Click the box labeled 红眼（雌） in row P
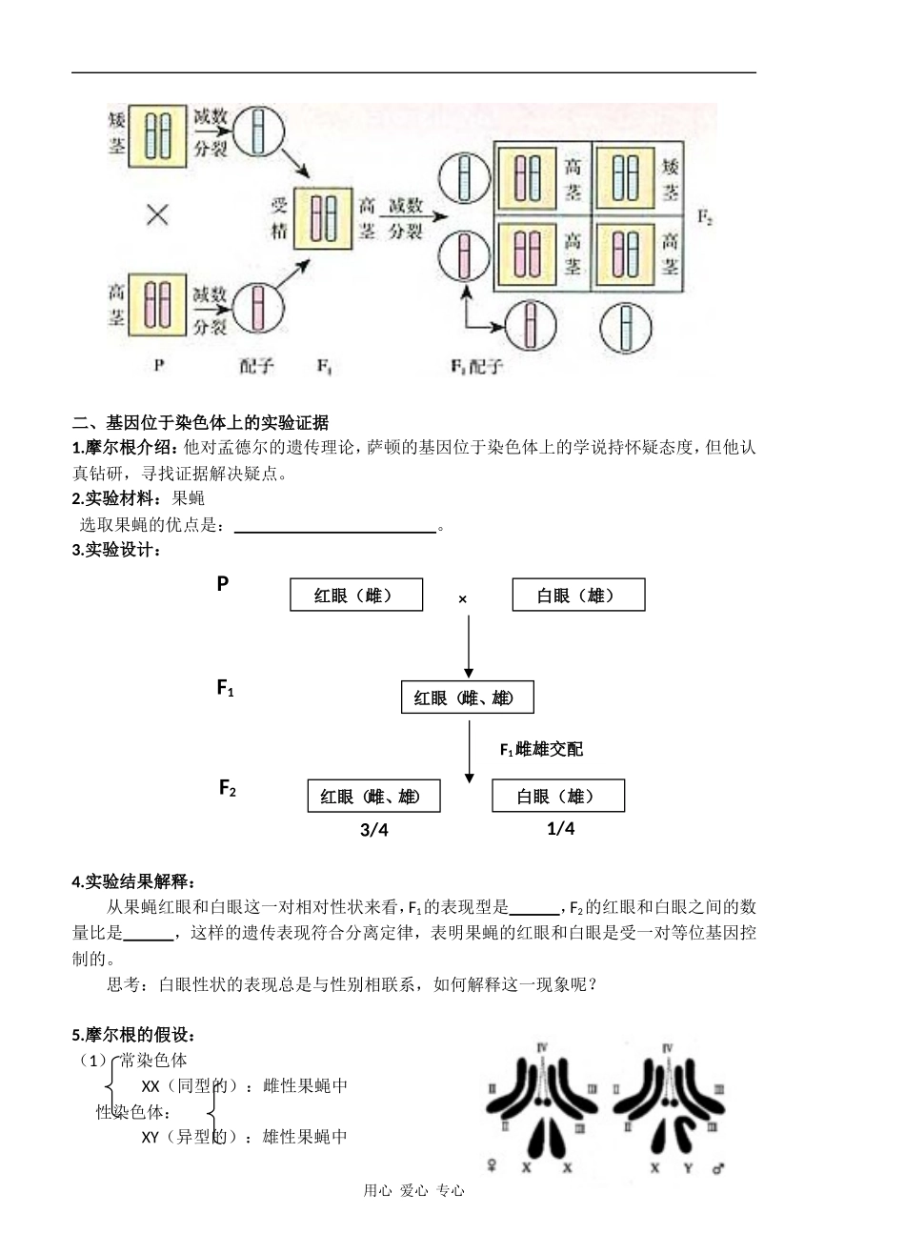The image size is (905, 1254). (355, 596)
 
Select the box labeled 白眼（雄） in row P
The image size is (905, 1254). (577, 596)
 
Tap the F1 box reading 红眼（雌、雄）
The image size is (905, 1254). (467, 698)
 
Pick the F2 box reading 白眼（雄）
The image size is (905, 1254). (557, 796)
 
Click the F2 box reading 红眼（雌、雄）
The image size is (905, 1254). (373, 796)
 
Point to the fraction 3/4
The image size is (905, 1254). (374, 830)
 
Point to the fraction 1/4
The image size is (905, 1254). (561, 828)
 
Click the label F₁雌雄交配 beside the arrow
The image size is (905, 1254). (541, 750)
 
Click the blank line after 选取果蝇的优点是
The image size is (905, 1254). (334, 526)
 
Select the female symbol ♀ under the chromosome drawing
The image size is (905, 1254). (493, 1165)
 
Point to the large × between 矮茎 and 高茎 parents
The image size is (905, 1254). (157, 215)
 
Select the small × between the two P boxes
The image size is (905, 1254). (463, 599)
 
